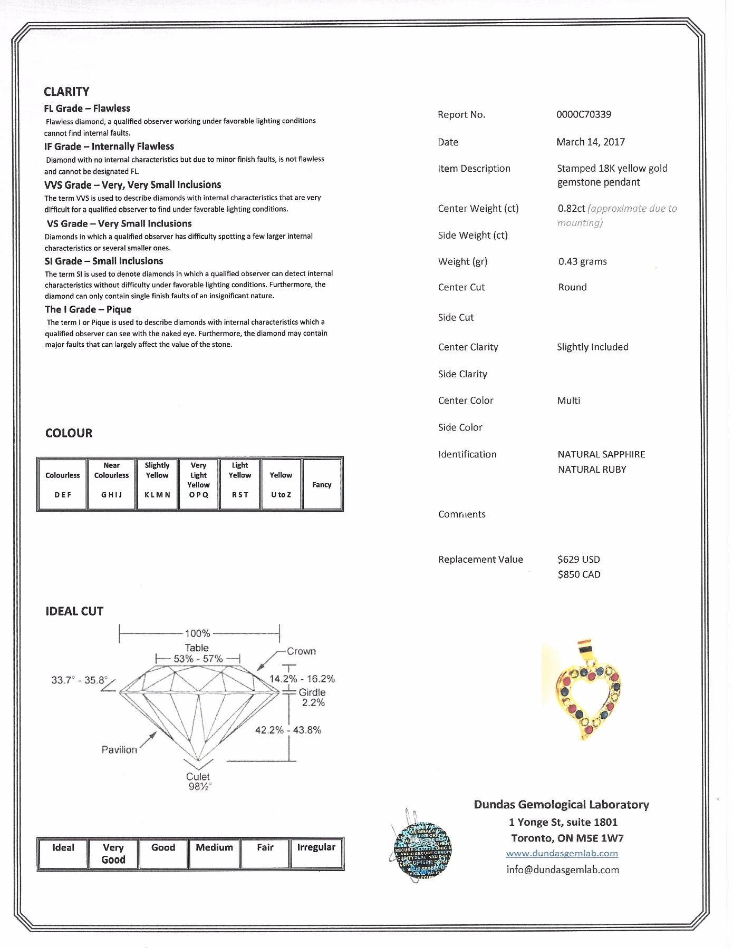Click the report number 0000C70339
click(584, 114)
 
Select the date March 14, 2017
click(591, 142)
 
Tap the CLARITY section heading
click(66, 92)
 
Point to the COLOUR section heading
click(69, 433)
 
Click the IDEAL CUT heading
click(74, 611)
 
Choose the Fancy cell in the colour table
click(322, 485)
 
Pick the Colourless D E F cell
click(62, 484)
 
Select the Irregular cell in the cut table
click(316, 853)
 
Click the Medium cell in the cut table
click(214, 853)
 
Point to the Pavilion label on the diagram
click(119, 749)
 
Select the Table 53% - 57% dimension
click(198, 653)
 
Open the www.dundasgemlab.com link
click(562, 853)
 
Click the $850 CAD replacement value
click(579, 574)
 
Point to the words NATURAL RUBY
click(592, 469)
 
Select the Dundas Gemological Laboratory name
click(561, 805)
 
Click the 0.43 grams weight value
click(582, 261)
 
